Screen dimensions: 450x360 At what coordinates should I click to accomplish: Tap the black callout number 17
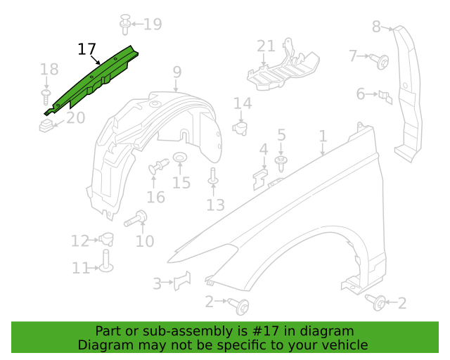click(86, 49)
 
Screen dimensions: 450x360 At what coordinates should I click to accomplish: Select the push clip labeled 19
click(125, 25)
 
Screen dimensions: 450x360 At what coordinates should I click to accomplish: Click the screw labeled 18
click(46, 97)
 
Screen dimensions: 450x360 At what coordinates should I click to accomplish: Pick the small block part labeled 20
click(46, 126)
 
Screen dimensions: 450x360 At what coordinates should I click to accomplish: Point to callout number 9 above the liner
click(177, 72)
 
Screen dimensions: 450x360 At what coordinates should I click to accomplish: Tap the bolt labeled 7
click(380, 61)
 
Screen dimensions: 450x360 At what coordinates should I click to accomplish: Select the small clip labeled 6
click(385, 98)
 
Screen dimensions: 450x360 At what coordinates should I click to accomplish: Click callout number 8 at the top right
click(376, 27)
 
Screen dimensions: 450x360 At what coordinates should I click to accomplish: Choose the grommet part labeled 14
click(240, 129)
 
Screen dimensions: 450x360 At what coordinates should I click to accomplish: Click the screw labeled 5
click(281, 163)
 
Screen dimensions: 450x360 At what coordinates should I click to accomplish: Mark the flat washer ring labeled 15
click(180, 157)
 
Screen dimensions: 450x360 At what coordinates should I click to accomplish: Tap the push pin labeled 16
click(159, 166)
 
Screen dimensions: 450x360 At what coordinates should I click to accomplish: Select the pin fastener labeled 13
click(213, 176)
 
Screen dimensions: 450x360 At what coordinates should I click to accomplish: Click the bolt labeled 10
click(136, 219)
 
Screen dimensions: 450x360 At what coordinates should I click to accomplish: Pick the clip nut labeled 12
click(106, 239)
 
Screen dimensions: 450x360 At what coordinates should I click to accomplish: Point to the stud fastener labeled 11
click(106, 261)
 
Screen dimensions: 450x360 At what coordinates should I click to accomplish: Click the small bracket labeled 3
click(182, 281)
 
